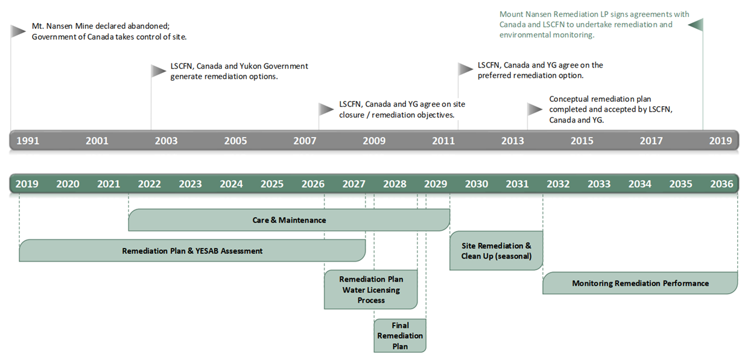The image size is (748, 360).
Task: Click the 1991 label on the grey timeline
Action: tap(28, 141)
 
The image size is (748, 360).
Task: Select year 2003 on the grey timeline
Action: tap(166, 141)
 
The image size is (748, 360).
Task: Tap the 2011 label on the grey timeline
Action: tap(443, 141)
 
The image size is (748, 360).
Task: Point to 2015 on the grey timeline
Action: tap(582, 141)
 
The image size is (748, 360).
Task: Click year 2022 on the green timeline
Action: tap(149, 184)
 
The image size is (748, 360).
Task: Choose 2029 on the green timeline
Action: tap(436, 184)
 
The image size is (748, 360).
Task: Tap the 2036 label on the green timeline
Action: tap(721, 184)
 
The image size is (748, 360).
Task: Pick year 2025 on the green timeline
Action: tap(272, 184)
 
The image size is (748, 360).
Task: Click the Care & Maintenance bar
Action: tap(289, 220)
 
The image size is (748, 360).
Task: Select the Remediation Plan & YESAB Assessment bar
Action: tap(192, 250)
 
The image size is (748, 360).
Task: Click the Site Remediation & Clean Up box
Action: tap(496, 250)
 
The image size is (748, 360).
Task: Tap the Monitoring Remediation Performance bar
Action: tap(640, 283)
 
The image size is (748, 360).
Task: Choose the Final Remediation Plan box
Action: tap(400, 336)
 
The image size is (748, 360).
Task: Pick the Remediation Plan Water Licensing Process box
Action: tap(370, 289)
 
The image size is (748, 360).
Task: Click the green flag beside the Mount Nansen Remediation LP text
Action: tap(696, 25)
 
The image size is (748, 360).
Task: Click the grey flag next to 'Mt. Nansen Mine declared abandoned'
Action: tap(18, 31)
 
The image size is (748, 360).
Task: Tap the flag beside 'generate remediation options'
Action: tap(158, 71)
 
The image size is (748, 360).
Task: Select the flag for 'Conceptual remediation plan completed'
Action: tap(535, 109)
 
